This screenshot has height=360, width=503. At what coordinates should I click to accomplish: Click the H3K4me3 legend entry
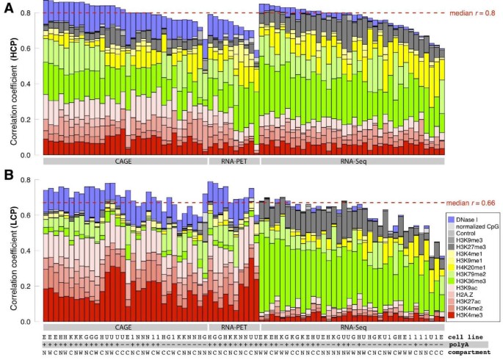point(472,314)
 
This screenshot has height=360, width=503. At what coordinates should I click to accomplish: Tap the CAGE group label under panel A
point(124,159)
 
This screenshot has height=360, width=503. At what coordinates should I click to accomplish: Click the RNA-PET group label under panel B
point(233,326)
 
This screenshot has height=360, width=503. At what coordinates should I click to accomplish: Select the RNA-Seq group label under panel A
point(352,159)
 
